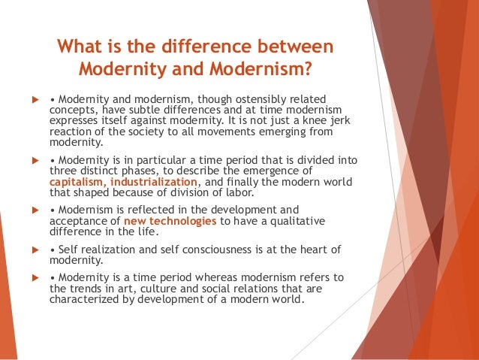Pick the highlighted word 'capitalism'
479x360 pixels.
click(x=80, y=180)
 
